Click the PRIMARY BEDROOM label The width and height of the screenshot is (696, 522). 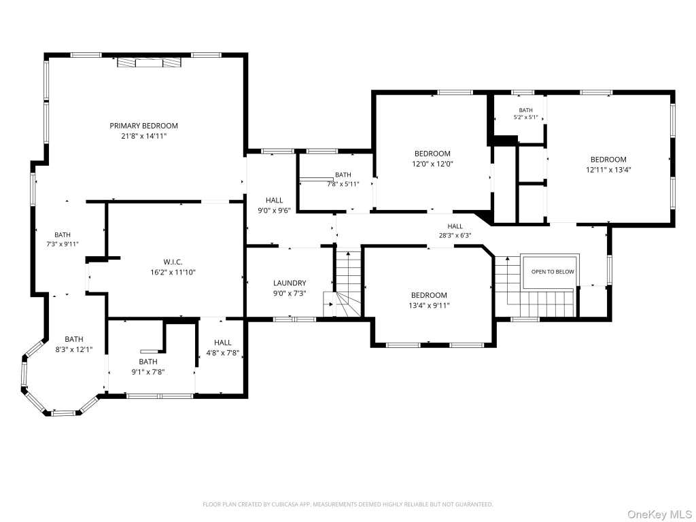click(x=144, y=126)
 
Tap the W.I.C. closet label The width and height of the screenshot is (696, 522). click(x=173, y=262)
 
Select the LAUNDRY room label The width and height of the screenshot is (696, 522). click(x=290, y=283)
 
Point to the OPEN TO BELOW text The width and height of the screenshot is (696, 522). click(x=553, y=272)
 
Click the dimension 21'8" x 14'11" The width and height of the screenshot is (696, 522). click(x=144, y=136)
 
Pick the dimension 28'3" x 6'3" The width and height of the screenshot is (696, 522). click(x=455, y=236)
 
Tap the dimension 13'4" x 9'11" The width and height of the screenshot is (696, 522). click(x=430, y=305)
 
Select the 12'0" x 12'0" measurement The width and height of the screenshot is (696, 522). click(x=432, y=164)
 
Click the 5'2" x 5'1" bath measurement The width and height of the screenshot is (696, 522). click(x=525, y=118)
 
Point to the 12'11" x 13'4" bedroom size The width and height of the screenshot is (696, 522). click(x=608, y=169)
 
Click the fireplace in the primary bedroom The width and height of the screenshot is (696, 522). click(x=150, y=63)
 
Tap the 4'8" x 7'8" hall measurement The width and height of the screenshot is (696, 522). click(x=223, y=353)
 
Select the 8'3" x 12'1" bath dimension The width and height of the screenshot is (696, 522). click(x=73, y=350)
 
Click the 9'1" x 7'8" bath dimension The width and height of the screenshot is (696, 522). click(x=147, y=372)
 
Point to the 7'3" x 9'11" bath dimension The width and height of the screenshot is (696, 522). click(x=63, y=244)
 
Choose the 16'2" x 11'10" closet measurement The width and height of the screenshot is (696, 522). click(x=173, y=273)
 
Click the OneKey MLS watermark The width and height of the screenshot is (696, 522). click(x=659, y=515)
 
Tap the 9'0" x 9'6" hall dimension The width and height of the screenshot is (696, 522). click(x=275, y=211)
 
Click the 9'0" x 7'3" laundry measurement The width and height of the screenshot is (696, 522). click(x=290, y=294)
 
